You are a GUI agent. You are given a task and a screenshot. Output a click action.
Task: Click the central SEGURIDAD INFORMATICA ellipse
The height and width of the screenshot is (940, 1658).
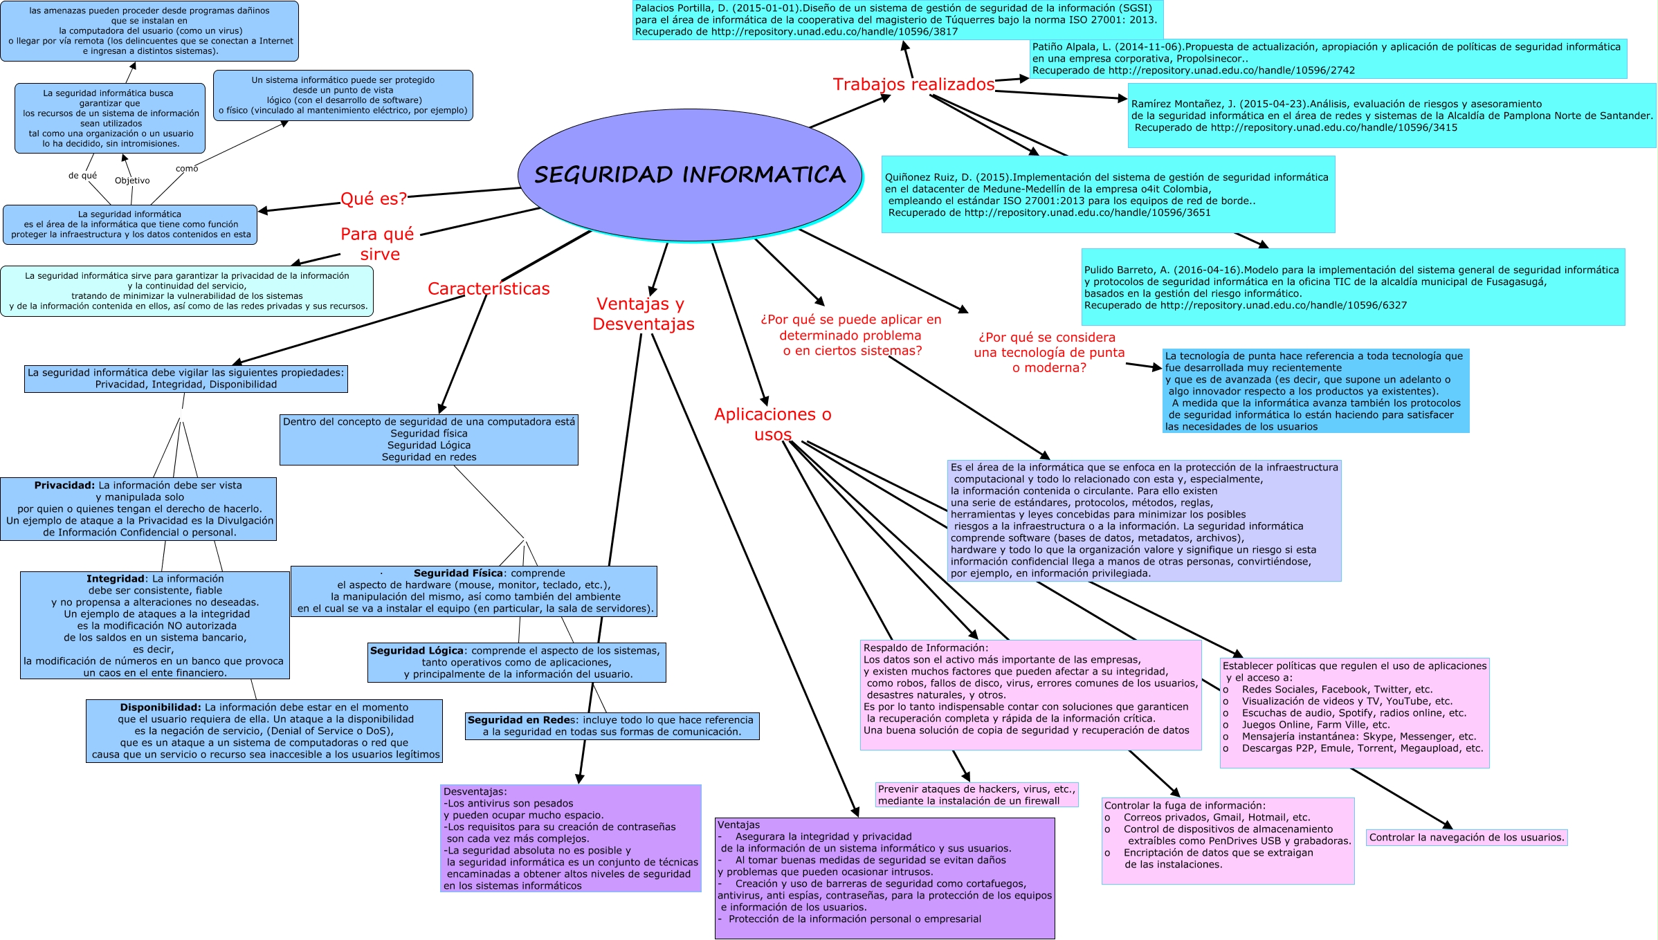689,174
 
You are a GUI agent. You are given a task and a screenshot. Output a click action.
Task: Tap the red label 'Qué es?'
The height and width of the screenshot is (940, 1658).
374,199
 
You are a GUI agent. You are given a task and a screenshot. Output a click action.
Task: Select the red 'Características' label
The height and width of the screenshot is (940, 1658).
489,288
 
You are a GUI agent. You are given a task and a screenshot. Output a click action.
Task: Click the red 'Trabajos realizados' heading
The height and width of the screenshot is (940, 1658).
913,84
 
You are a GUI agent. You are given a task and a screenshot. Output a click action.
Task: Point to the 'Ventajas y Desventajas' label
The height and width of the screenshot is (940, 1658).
643,313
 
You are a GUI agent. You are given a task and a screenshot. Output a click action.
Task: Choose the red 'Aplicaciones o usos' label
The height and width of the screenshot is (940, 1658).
772,424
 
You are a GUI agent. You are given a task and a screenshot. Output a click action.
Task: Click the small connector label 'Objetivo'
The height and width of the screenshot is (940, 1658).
132,181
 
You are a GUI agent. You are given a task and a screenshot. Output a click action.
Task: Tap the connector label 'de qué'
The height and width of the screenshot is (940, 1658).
82,176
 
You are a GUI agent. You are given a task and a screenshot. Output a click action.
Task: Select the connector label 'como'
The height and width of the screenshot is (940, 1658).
187,169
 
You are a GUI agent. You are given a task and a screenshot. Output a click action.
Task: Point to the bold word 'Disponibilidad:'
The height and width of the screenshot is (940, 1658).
161,708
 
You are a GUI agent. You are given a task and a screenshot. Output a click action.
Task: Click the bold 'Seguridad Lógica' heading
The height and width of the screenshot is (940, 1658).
417,651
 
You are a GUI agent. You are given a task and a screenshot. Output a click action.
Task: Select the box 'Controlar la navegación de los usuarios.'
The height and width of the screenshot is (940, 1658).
1466,838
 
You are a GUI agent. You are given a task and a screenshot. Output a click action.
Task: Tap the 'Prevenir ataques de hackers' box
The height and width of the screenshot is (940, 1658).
976,795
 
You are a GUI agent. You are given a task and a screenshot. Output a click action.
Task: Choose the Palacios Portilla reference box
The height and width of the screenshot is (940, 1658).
897,20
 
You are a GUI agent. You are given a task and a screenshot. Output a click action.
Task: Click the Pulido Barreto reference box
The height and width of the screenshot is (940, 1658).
1352,287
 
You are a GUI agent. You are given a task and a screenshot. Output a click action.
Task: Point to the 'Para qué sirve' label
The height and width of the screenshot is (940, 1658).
378,244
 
